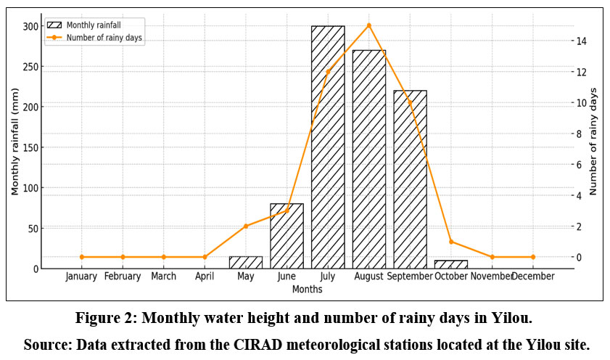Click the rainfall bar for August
tap(369, 160)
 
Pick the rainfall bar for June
tap(287, 236)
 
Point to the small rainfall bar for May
tap(245, 262)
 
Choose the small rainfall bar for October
tap(451, 264)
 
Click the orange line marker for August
tap(369, 25)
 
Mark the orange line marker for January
tap(81, 257)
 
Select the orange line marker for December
tap(533, 257)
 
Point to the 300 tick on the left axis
tap(30, 26)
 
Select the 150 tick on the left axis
tap(30, 147)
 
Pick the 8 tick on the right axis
tap(577, 134)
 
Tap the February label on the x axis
tap(122, 277)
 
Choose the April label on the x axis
tap(205, 277)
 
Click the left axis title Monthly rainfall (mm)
tap(15, 147)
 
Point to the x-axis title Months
tap(307, 289)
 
